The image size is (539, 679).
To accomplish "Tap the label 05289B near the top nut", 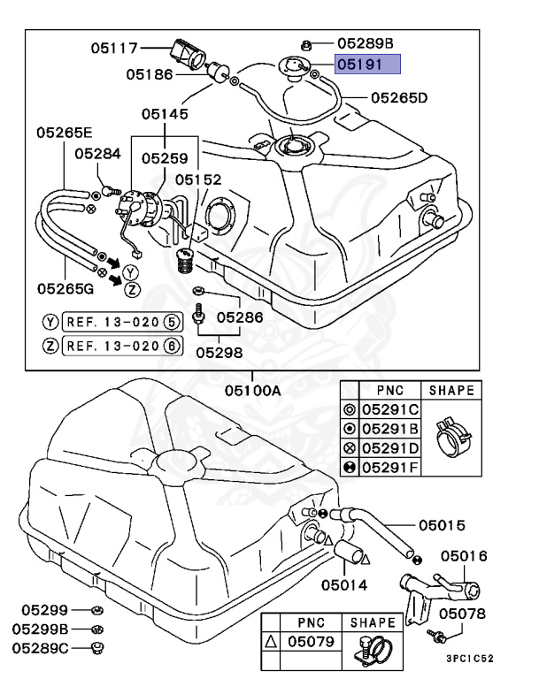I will (365, 42).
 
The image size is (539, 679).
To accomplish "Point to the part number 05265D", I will (399, 98).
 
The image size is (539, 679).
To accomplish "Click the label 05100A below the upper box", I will (252, 389).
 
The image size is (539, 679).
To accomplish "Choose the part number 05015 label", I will (442, 525).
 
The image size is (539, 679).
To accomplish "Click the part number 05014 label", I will (343, 584).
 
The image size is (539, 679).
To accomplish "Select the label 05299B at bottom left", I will (40, 629).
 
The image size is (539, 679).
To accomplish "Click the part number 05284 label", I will (96, 153).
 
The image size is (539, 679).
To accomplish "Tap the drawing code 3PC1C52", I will (468, 659).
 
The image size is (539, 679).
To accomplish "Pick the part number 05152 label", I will (198, 179).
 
